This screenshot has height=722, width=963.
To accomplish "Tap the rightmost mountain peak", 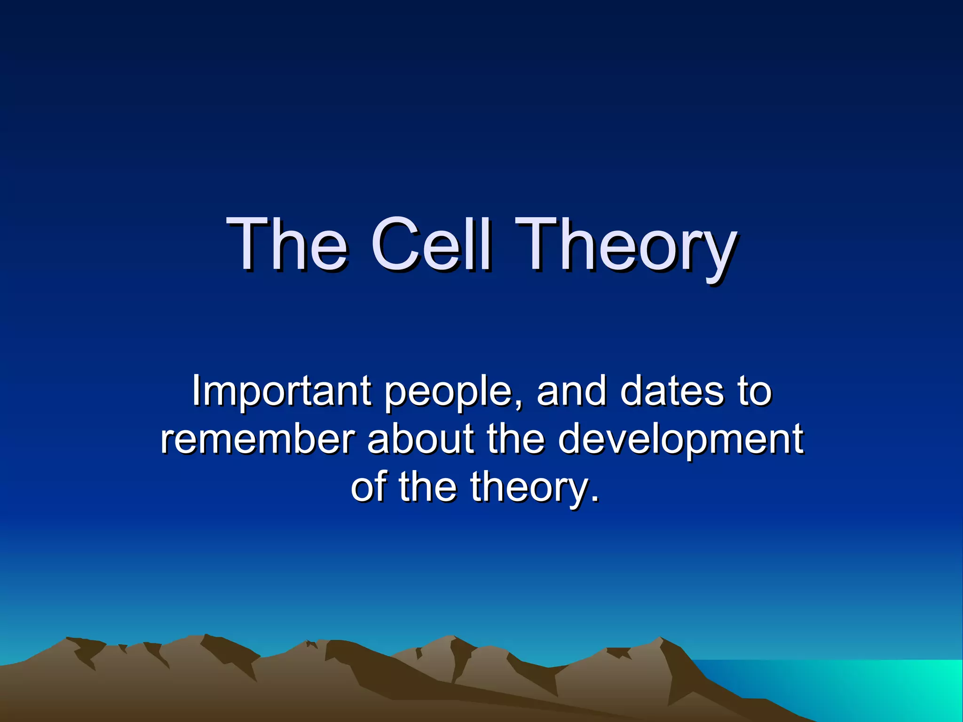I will pyautogui.click(x=660, y=639).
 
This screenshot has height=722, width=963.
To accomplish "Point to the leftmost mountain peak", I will pyautogui.click(x=68, y=639).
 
